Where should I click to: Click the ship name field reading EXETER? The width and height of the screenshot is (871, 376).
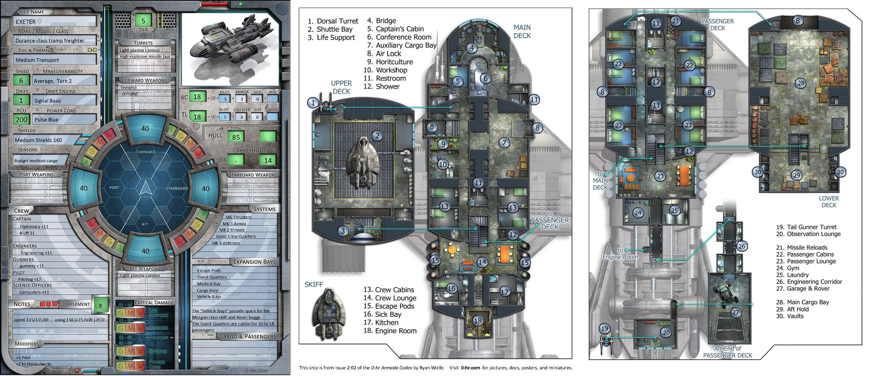coord(54,22)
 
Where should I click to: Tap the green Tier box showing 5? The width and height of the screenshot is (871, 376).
coord(143,20)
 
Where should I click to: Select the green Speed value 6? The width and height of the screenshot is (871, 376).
coord(21,80)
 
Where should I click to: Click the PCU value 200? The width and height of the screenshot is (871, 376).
coord(21,119)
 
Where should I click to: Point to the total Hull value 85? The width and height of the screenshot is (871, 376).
coord(236,137)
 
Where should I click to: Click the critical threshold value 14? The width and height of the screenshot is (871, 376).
coord(268,160)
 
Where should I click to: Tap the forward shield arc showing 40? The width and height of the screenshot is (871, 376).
coord(145,128)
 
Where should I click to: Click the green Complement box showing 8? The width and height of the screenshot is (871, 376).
coord(101,305)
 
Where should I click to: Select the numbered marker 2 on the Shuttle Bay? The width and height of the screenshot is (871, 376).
coord(377,136)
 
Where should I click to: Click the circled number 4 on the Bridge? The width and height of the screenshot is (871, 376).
coord(472,48)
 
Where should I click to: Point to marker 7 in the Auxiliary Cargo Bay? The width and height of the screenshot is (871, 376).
coord(504,143)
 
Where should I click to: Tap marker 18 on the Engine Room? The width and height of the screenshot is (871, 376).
coord(478,320)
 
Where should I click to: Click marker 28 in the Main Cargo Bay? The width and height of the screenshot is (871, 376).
coord(801,83)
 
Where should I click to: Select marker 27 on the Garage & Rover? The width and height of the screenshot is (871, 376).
coord(735,312)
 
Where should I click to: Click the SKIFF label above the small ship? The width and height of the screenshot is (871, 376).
coord(314,285)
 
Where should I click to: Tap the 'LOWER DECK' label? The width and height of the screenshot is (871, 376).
coord(829,202)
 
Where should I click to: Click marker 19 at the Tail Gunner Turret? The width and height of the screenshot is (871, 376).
coord(605,329)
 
